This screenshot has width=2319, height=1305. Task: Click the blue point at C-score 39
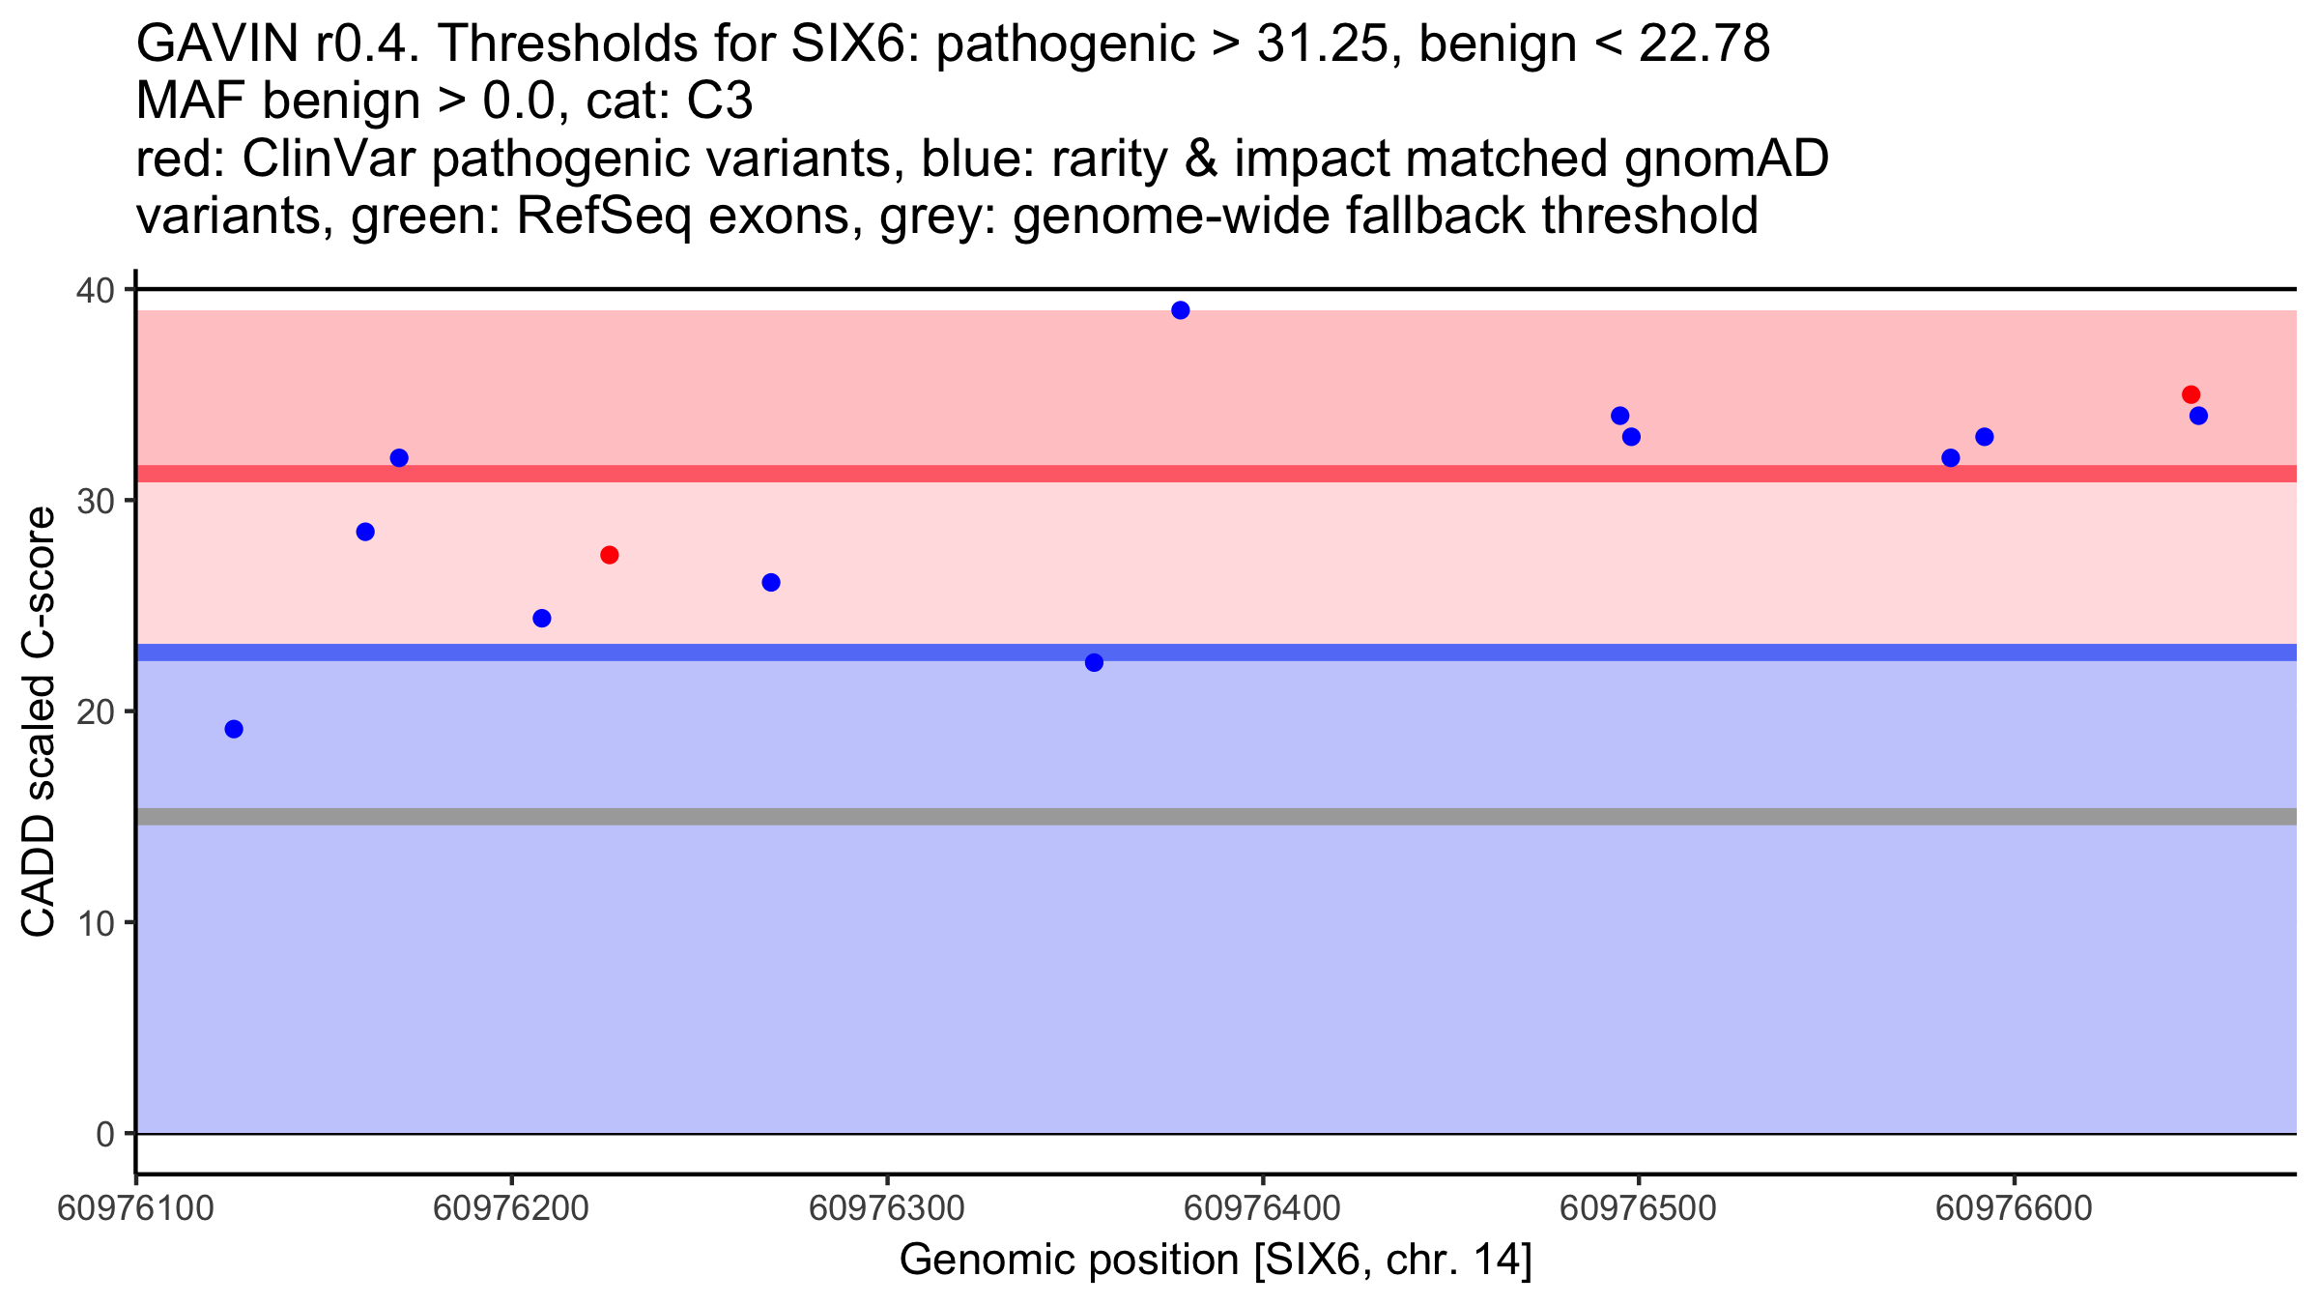1180,310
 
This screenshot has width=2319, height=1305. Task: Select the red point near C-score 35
2190,394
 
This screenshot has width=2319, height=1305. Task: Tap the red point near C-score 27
609,555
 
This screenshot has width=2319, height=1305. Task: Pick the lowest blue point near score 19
234,729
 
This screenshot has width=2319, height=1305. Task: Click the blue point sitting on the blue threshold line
1094,662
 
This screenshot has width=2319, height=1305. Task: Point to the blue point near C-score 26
771,582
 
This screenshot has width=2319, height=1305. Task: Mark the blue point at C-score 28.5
365,532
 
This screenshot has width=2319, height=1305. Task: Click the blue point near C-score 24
542,619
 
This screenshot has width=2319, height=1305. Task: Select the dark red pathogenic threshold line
1353,474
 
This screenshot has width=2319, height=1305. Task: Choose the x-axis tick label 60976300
886,1209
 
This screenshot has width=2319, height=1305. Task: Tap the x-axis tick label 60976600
2014,1209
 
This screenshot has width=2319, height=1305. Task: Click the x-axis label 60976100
135,1209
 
